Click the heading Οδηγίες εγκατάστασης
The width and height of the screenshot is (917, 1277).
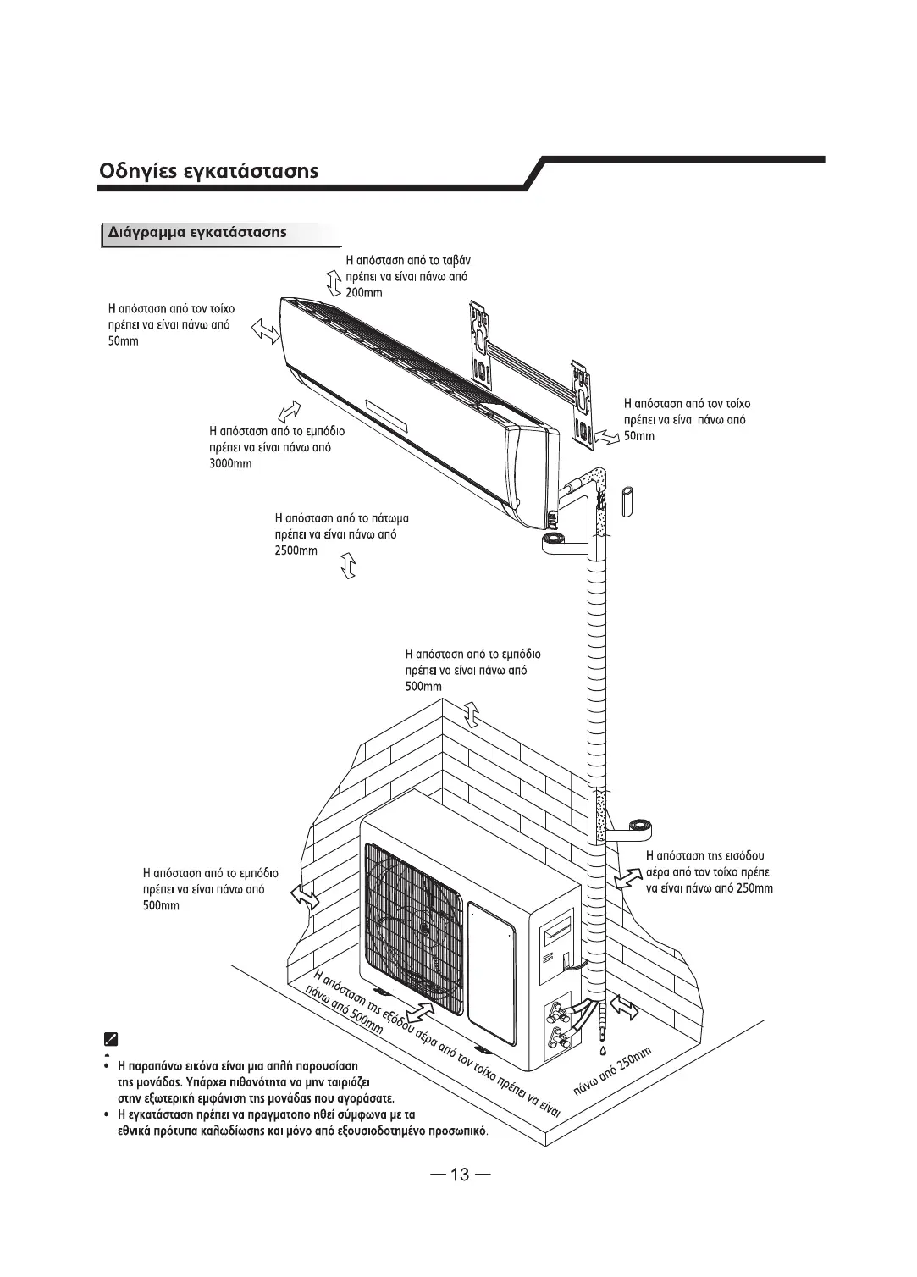pyautogui.click(x=209, y=170)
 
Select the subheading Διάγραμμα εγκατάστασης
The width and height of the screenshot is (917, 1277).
pyautogui.click(x=196, y=232)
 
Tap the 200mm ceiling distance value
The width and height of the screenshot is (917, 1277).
pyautogui.click(x=364, y=293)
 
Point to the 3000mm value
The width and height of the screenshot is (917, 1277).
pyautogui.click(x=230, y=464)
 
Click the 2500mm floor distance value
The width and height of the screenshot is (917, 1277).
pyautogui.click(x=296, y=551)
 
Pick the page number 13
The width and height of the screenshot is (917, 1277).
pyautogui.click(x=460, y=1175)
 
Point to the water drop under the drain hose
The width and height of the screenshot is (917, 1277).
pyautogui.click(x=602, y=1051)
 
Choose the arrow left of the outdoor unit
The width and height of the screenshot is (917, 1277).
pyautogui.click(x=303, y=895)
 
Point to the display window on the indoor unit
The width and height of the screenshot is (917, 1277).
pyautogui.click(x=386, y=412)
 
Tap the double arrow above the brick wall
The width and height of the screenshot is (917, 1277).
pyautogui.click(x=472, y=715)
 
